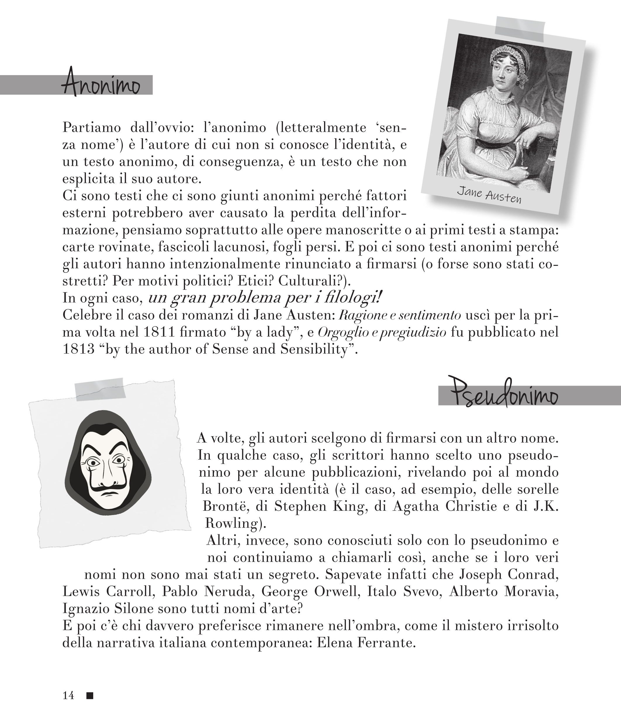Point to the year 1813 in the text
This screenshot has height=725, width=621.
click(x=78, y=350)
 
